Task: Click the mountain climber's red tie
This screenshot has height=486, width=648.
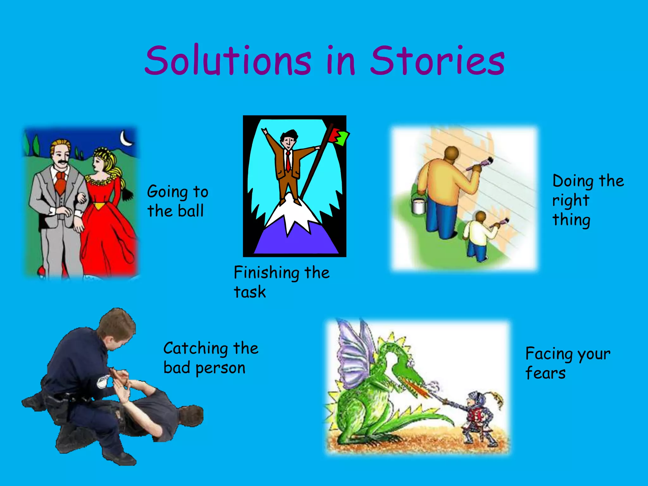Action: coord(288,161)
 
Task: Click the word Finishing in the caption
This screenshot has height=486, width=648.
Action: coord(266,273)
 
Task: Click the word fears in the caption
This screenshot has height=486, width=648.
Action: coord(545,373)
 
